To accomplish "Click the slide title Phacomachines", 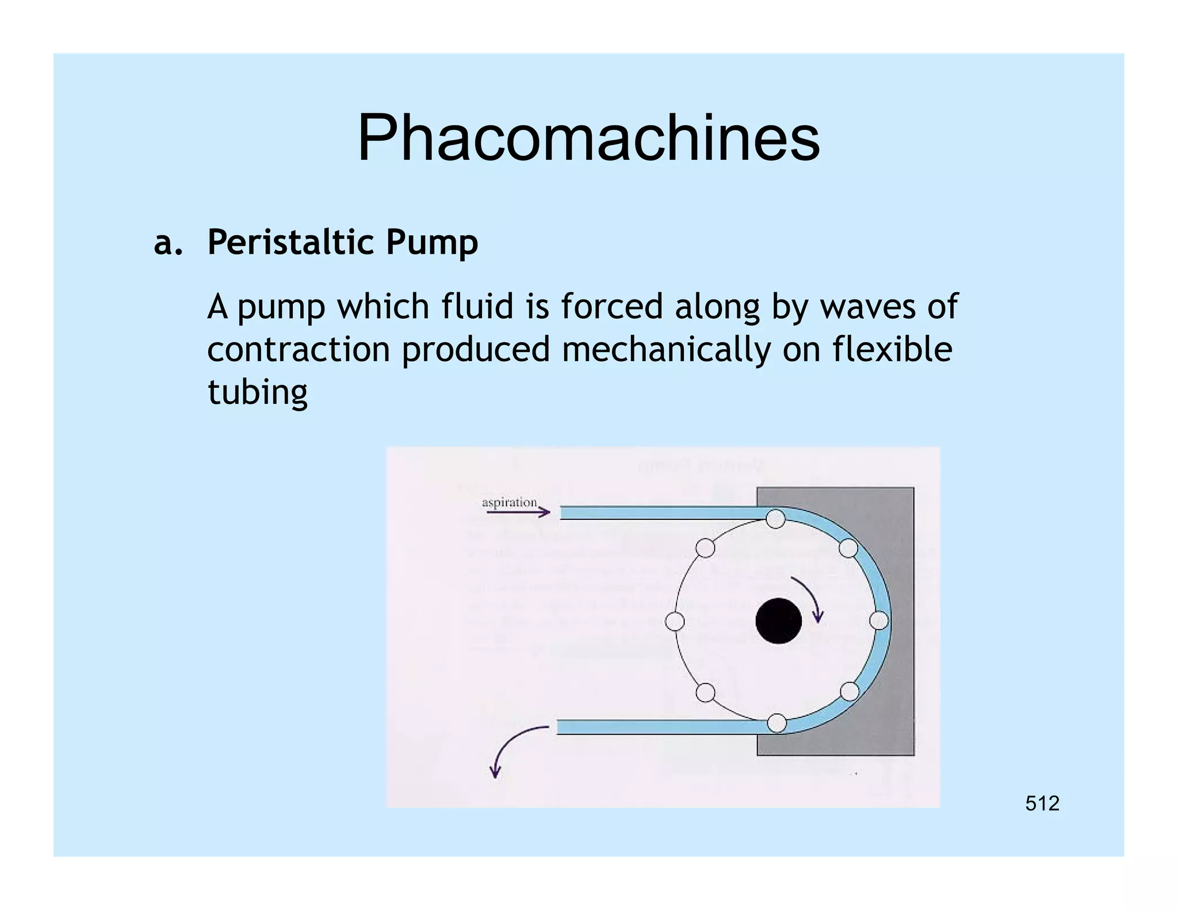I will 588,138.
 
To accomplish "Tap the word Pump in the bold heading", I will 431,243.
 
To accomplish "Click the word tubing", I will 257,393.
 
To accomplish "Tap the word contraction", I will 299,349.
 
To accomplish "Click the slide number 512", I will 1042,803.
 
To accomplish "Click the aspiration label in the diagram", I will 509,502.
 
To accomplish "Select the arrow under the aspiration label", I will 518,511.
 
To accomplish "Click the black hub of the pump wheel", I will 778,621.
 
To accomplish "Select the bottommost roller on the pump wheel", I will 777,723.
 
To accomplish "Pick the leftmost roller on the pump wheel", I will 675,621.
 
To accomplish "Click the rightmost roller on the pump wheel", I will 878,621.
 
